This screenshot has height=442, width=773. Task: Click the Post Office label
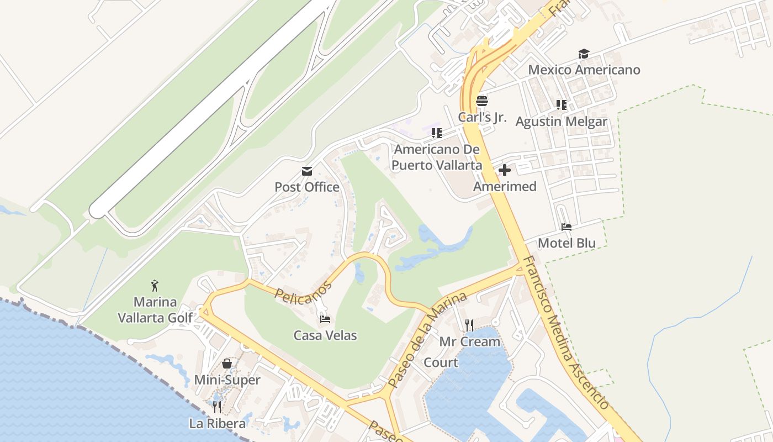(x=307, y=187)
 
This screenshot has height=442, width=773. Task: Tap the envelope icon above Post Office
(x=307, y=171)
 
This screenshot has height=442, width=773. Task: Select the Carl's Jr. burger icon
(x=482, y=101)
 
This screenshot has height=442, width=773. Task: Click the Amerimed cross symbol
(x=504, y=170)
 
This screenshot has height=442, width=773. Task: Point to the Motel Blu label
(x=566, y=243)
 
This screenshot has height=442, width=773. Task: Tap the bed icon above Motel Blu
(x=566, y=227)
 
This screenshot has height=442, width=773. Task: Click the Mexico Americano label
(x=584, y=70)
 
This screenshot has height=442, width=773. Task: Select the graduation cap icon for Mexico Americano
(x=584, y=54)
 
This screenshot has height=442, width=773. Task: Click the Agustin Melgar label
(x=561, y=122)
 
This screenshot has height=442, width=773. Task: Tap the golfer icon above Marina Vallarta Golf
(x=155, y=286)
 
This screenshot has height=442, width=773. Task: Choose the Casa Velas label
(x=325, y=335)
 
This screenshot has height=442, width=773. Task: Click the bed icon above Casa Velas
(x=325, y=319)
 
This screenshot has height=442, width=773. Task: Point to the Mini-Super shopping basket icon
(x=227, y=364)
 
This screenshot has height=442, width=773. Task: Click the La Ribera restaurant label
(x=217, y=424)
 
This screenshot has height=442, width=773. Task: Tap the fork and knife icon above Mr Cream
(x=469, y=325)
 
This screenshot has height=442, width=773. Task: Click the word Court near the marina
(x=441, y=362)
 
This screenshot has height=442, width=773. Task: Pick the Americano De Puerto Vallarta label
(x=437, y=157)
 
